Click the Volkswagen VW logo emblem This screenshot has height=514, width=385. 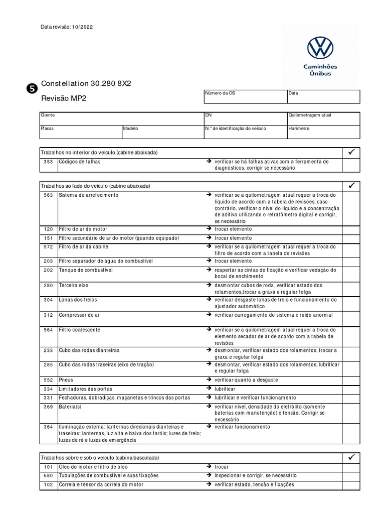coord(320,49)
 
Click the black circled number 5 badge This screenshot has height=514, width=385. coord(30,89)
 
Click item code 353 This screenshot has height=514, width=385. coord(48,162)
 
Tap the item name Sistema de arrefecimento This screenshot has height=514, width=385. coord(89,195)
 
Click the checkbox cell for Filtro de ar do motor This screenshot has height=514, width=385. coord(351,229)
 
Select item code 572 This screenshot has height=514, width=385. coord(48,247)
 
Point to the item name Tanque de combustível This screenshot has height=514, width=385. coord(86,270)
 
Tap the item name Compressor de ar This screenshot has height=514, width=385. coord(79,315)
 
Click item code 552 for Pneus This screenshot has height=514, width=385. coord(48,380)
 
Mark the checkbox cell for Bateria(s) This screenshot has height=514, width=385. coord(351,413)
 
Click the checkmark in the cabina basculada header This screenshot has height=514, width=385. coord(351,457)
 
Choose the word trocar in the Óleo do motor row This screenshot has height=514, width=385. coord(222,467)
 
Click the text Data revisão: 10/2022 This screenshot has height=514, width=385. coord(67,27)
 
